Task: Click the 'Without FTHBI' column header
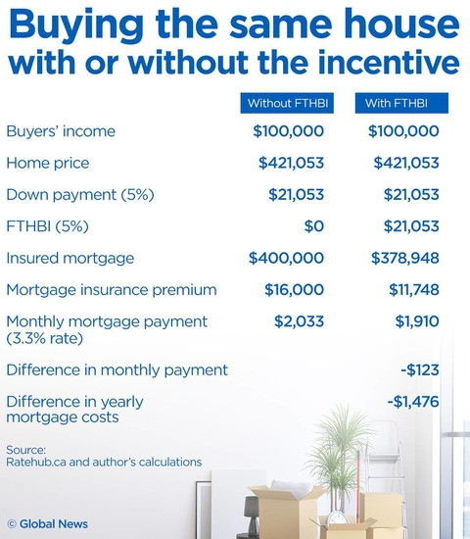coord(287,103)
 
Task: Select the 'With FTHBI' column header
coord(401,103)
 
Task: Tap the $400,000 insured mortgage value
coord(286,258)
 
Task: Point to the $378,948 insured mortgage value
coord(405,258)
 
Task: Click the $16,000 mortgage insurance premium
coord(294,290)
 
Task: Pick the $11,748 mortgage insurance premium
coord(414,290)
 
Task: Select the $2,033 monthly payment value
coord(299,321)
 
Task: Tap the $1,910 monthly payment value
coord(417,321)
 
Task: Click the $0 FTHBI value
coord(314,226)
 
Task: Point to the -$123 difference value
coord(420,370)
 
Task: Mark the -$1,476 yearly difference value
coord(413,402)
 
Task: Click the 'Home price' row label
coord(48,163)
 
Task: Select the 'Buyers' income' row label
coord(61,131)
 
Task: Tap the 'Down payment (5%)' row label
coord(80,195)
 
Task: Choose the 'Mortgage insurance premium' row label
coord(112,290)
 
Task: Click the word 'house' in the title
coord(399,24)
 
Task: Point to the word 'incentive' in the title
coord(389,62)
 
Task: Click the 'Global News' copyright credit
coord(47,524)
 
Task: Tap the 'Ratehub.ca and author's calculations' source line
coord(104,462)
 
